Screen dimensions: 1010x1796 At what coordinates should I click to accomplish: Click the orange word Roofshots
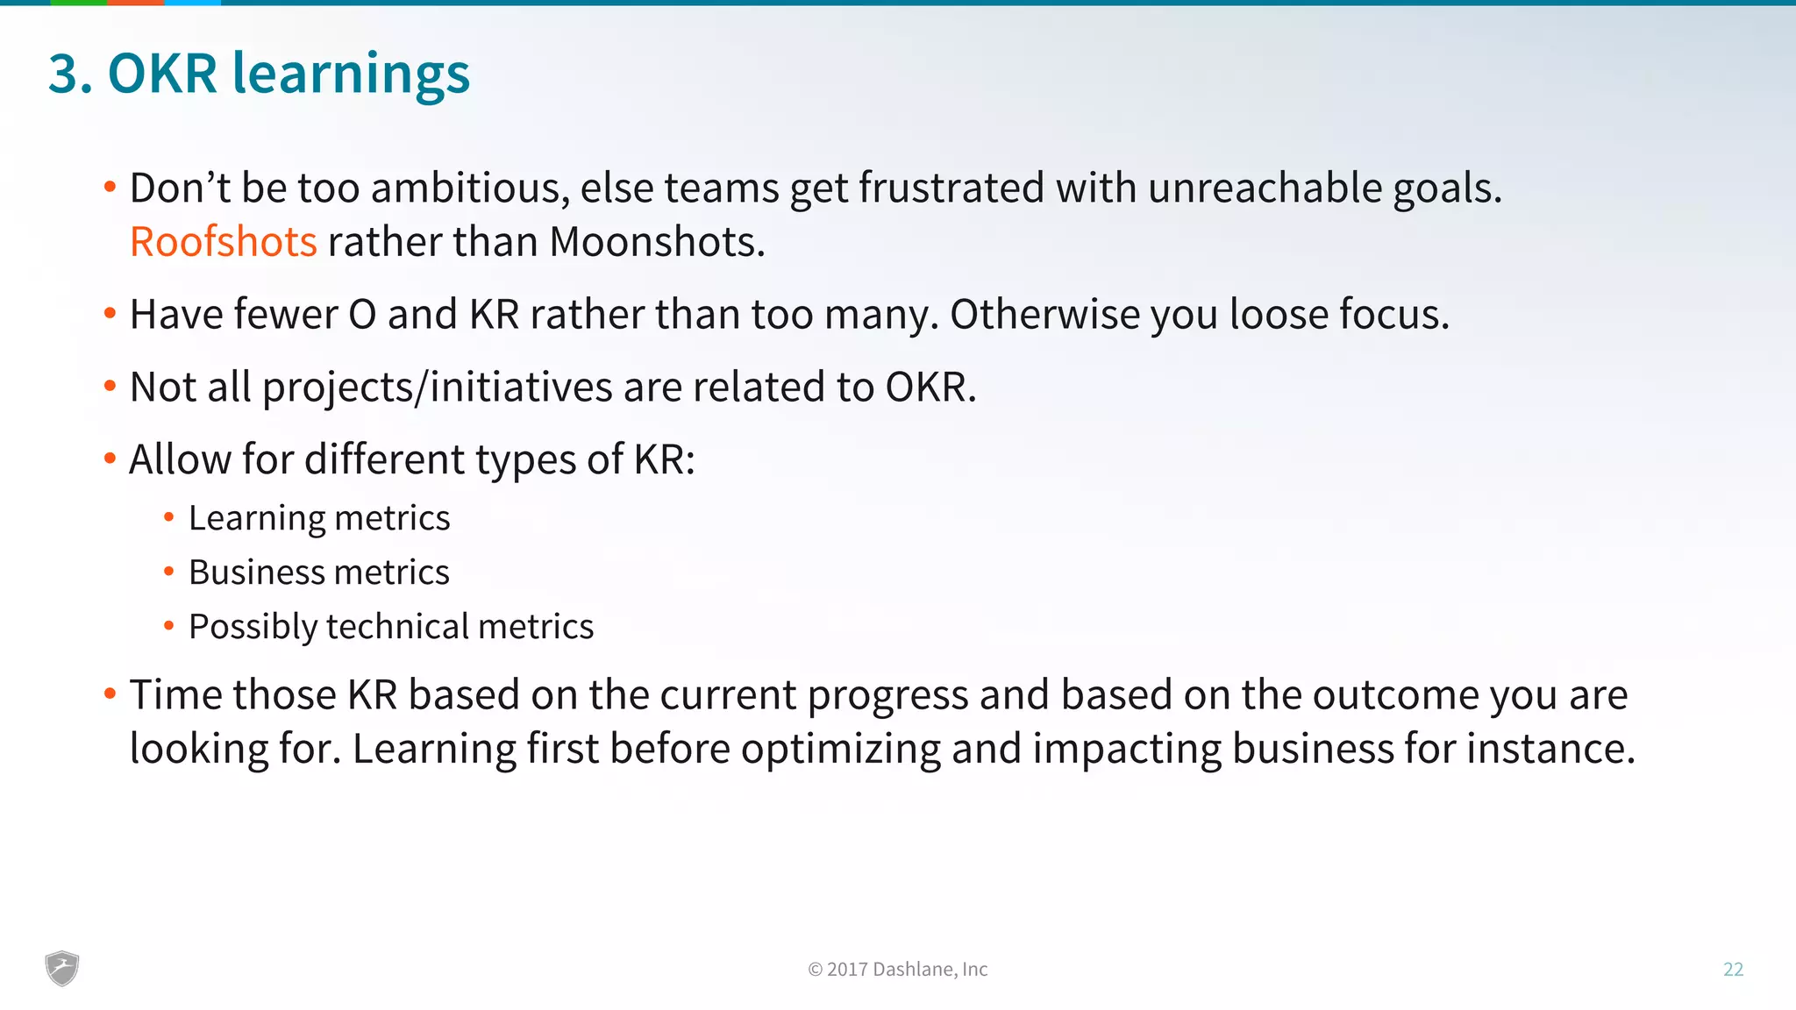pos(223,242)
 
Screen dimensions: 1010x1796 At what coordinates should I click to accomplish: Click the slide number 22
pos(1733,969)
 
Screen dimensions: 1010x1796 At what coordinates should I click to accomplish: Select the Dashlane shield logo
pos(62,969)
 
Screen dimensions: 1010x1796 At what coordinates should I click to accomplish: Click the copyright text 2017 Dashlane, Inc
pos(897,969)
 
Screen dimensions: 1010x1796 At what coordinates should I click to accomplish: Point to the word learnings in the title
pos(351,74)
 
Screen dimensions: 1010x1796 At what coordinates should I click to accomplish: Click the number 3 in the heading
pos(64,74)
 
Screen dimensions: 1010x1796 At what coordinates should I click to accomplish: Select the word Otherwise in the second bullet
pos(1044,315)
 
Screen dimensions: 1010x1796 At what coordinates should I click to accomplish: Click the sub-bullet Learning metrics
pos(319,518)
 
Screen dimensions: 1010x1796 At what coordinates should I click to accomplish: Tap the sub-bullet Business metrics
pos(319,573)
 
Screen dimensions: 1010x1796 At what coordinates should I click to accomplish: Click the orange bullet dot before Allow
pos(110,458)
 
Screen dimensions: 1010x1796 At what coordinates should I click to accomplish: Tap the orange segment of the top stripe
pos(135,3)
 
